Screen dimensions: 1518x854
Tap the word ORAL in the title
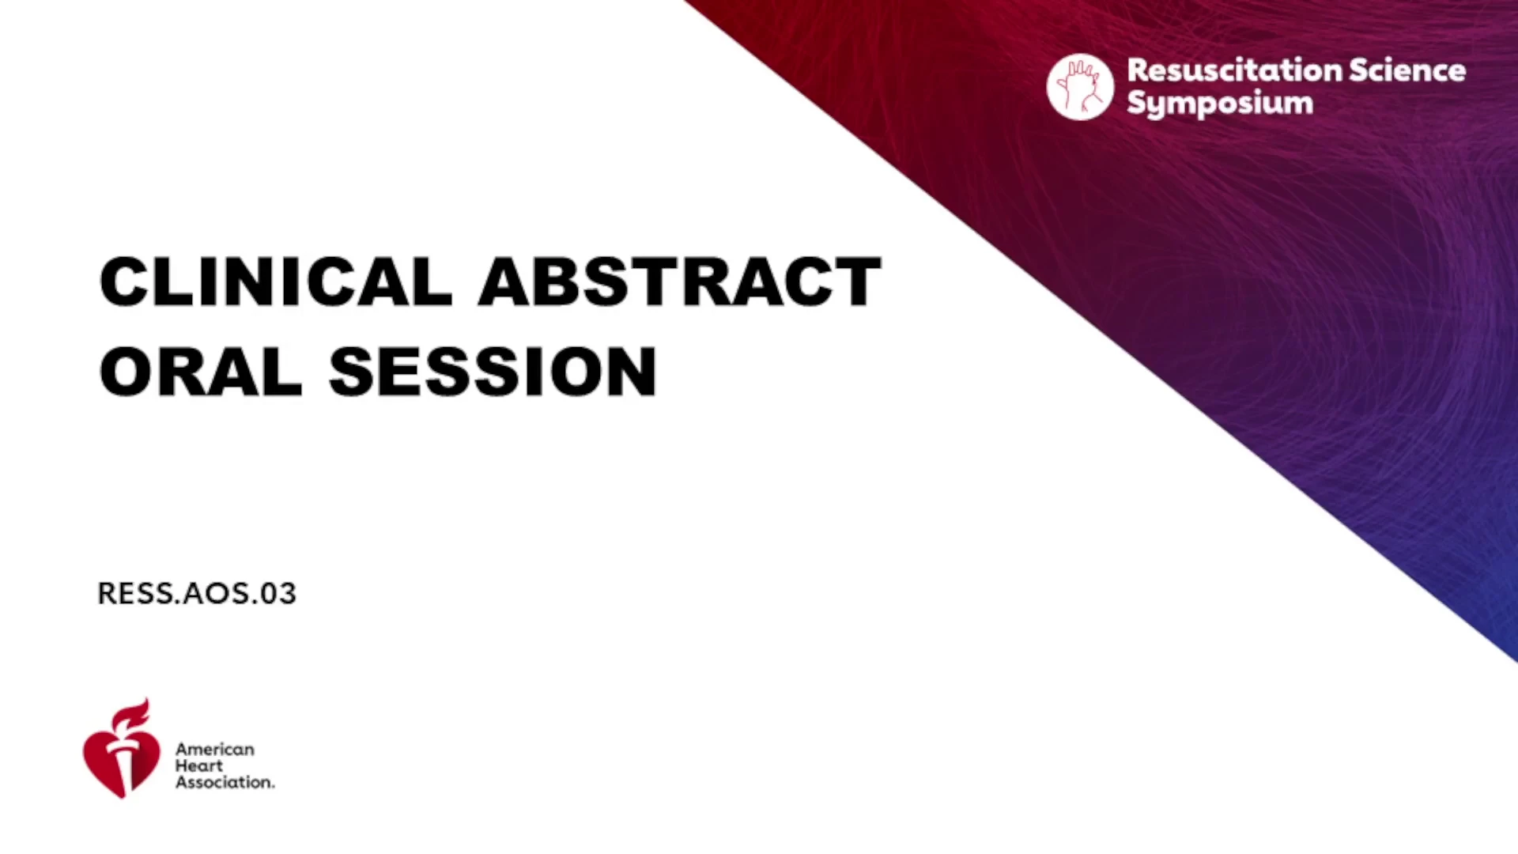click(x=201, y=372)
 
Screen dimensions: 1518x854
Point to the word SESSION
click(x=493, y=372)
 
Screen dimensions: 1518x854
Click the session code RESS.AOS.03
click(x=197, y=593)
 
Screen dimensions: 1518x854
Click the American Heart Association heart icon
click(x=122, y=748)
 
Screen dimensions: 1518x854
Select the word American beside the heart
click(x=215, y=749)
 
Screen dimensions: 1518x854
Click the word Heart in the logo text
click(x=199, y=765)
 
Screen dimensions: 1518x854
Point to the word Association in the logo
click(x=225, y=782)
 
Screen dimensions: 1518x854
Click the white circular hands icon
click(x=1080, y=87)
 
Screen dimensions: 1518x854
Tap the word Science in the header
click(x=1408, y=70)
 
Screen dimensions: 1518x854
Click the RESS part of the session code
click(x=135, y=593)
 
